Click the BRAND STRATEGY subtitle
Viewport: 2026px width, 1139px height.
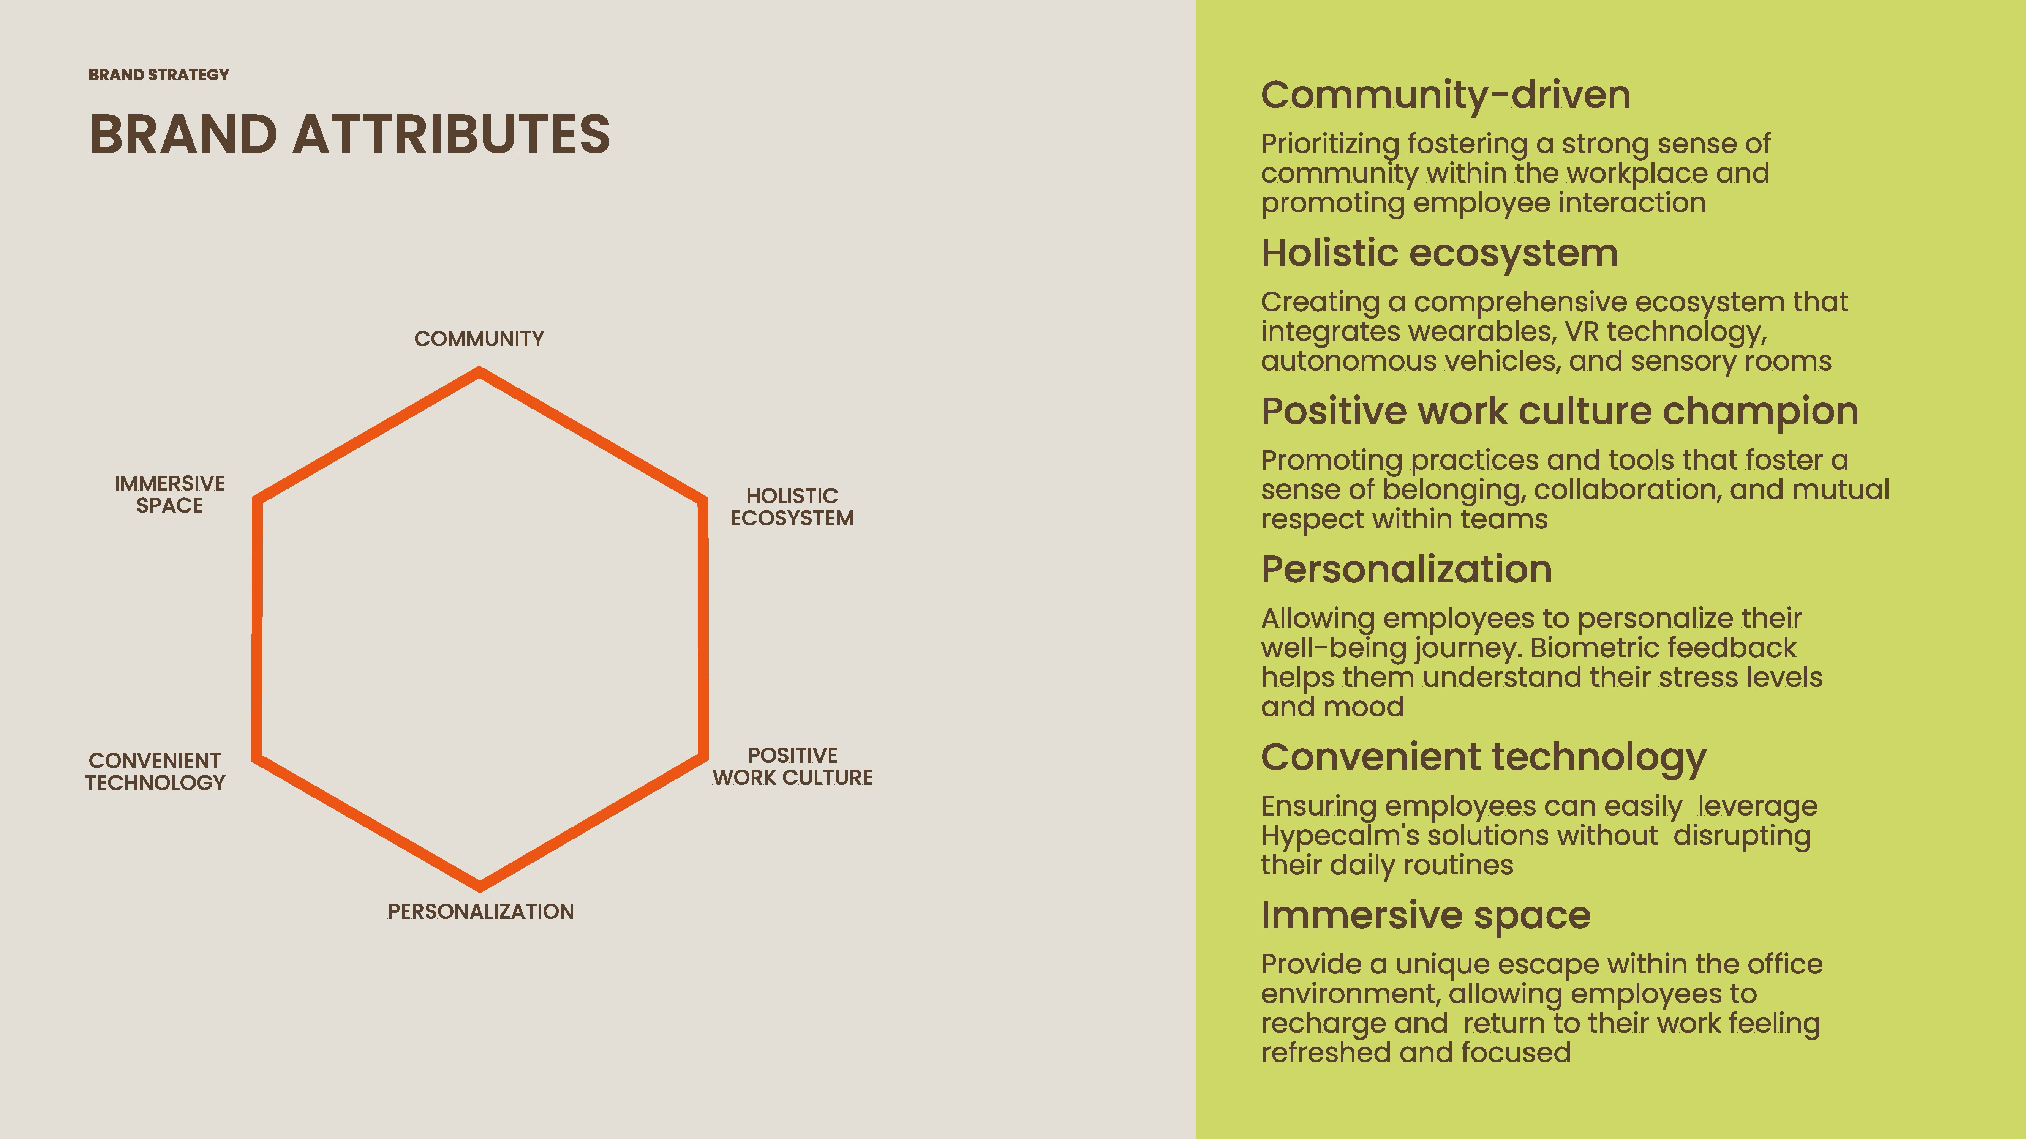[x=159, y=75]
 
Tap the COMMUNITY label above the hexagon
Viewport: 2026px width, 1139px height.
[x=479, y=339]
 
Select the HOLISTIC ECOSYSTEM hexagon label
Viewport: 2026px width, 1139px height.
[x=792, y=507]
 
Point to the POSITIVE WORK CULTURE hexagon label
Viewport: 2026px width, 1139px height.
[x=793, y=767]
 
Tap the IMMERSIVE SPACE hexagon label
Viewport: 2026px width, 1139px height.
[x=170, y=494]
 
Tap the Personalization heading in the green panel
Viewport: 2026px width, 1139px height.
[x=1406, y=569]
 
